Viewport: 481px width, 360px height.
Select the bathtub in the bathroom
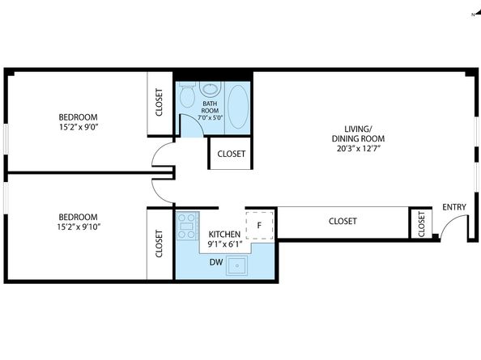click(x=238, y=107)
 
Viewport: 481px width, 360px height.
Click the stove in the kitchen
click(x=187, y=226)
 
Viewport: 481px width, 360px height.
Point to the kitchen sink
click(x=236, y=265)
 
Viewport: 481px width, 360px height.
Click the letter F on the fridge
click(x=259, y=226)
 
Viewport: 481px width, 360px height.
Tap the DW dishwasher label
click(x=216, y=262)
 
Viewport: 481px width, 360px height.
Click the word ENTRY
click(x=454, y=207)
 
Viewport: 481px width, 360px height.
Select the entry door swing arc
click(x=450, y=220)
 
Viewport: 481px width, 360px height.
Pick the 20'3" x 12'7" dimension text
click(x=358, y=149)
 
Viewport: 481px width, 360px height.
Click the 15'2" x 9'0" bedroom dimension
click(x=79, y=127)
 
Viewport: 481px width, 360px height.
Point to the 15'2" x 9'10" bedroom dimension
click(x=79, y=227)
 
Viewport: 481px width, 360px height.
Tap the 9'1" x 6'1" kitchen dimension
click(x=225, y=244)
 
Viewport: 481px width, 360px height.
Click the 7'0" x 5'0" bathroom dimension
click(x=210, y=117)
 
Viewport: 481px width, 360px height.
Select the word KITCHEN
click(x=224, y=235)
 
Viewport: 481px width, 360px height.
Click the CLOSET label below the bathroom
click(x=232, y=154)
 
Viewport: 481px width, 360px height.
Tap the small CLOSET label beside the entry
click(x=421, y=224)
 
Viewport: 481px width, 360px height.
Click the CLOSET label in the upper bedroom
click(x=159, y=102)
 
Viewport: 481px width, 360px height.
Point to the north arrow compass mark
click(x=476, y=14)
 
